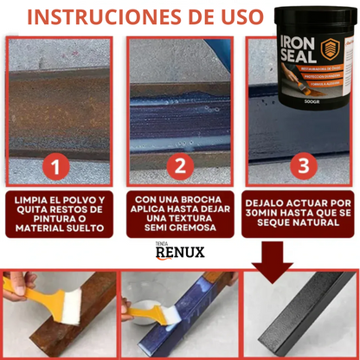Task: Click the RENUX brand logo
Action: coord(179,254)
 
